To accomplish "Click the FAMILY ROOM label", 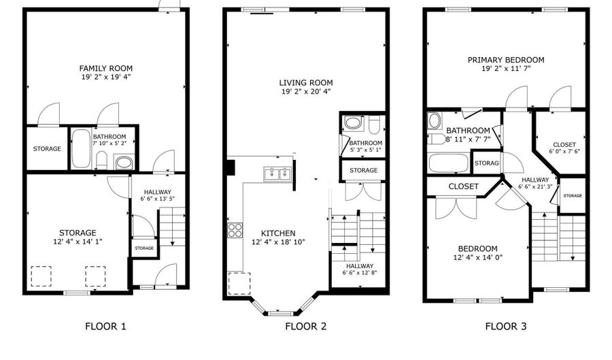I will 105,68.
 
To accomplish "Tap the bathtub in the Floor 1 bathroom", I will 81,148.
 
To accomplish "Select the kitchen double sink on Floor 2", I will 276,173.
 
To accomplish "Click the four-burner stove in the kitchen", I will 235,230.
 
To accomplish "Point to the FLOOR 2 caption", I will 305,327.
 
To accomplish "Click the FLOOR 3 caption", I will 505,327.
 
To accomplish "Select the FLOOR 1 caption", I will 105,327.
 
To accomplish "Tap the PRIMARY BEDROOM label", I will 505,60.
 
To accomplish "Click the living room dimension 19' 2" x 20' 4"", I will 305,91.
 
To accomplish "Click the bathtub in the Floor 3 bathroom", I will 449,163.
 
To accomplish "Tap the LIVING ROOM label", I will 305,82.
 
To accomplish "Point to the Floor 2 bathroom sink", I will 354,124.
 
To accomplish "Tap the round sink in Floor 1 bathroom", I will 123,162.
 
